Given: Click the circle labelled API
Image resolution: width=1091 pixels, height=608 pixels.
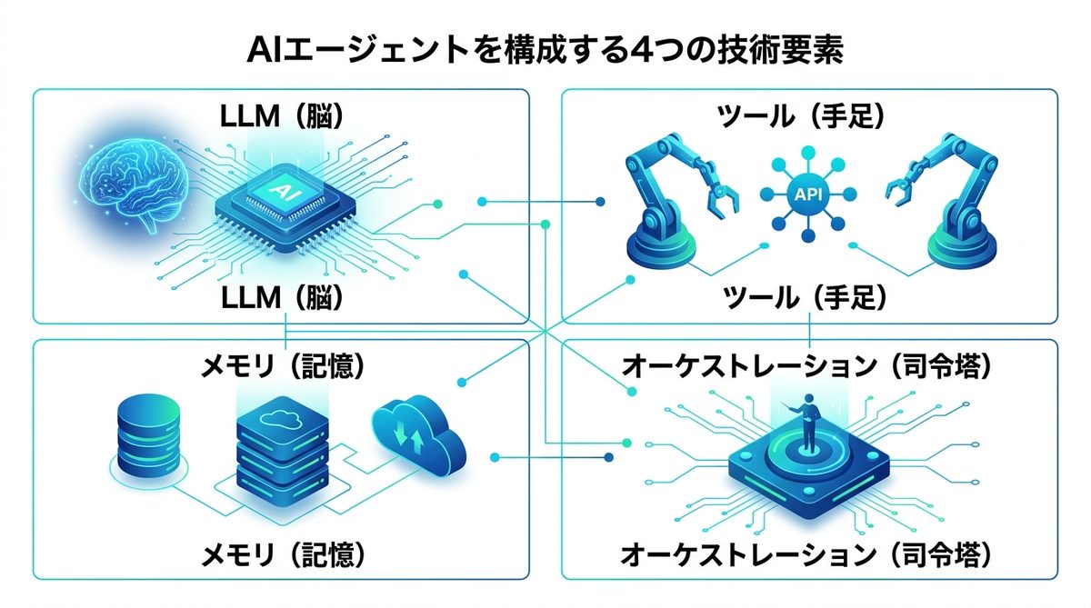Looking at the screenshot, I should click(806, 193).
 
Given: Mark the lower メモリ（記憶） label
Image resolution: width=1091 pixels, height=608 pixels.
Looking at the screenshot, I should click(283, 552).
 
